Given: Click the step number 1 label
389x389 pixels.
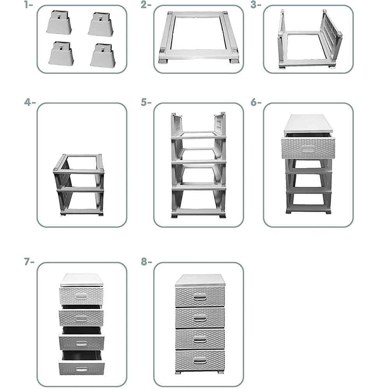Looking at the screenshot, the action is coord(28,5).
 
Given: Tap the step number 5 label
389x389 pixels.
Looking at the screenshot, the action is coord(146,102).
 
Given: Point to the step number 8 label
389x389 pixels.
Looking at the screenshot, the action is coord(146,261).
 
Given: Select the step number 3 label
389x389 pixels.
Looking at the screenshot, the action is coord(256,5).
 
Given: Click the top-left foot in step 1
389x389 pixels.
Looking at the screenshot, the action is coord(59,22).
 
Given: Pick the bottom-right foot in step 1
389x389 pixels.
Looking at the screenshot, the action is coord(103,55).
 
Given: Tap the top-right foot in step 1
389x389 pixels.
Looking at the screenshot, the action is coord(101,24).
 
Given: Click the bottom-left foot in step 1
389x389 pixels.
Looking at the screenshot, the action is coord(61,53).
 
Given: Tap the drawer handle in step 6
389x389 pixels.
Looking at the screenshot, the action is coord(308,149).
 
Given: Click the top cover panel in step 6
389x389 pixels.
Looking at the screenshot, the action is coord(308,123).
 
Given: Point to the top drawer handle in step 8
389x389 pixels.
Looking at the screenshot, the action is coord(200,297).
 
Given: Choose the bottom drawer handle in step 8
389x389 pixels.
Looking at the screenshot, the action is coord(200,360).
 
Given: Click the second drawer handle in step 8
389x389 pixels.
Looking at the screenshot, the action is coord(200,318).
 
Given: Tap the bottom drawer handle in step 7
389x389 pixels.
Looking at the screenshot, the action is coord(81,370).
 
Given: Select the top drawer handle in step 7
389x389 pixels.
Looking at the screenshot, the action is coord(81,296).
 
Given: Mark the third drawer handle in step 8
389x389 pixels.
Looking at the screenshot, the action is coord(200,339).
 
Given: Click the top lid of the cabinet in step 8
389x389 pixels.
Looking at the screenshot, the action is coord(200,280).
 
